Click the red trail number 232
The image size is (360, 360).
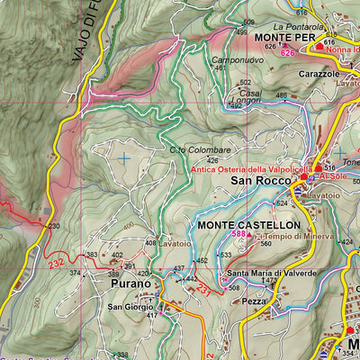click(57, 262)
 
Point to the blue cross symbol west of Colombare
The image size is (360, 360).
click(122, 157)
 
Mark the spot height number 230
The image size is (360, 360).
click(54, 226)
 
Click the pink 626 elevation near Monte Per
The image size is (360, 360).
click(270, 46)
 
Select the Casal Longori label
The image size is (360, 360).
click(249, 96)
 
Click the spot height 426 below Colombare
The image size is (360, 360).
click(212, 161)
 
